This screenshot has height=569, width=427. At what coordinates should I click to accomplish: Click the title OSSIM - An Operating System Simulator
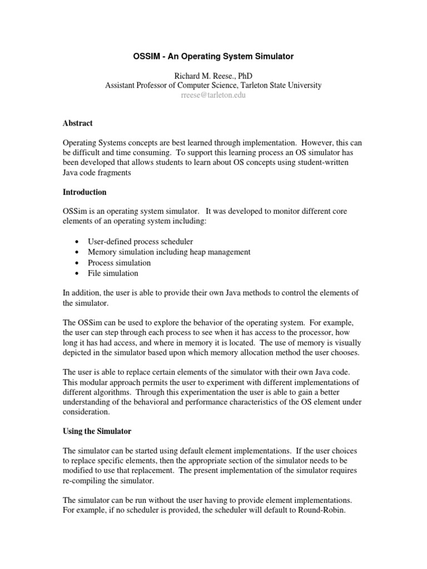[213, 56]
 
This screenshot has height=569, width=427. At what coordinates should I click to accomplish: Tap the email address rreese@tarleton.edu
[213, 95]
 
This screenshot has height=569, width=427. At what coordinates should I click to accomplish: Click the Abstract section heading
[77, 123]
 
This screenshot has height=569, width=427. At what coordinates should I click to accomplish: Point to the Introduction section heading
[85, 192]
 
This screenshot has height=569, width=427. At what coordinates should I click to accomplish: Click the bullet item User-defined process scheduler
[140, 242]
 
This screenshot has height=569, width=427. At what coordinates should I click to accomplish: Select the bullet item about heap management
[169, 252]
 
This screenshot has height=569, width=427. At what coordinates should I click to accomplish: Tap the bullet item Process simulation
[119, 263]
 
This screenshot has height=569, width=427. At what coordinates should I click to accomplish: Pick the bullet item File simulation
[113, 273]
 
